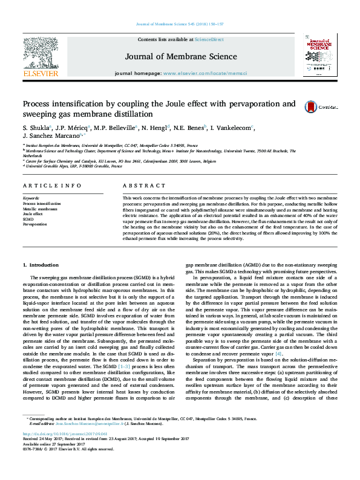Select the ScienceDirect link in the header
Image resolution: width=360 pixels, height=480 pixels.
[209, 39]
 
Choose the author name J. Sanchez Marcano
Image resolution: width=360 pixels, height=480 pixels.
[51, 137]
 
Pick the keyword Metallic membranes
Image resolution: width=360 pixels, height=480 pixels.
[41, 209]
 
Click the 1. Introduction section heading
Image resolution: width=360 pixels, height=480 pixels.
[41, 265]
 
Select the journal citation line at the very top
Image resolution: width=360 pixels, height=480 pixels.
[180, 24]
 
